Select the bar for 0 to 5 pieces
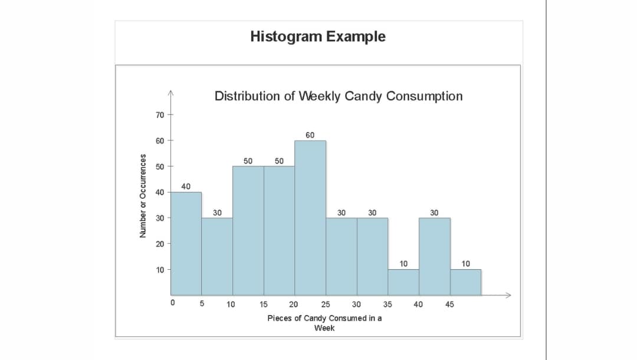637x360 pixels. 186,243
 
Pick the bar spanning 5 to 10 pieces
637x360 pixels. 217,256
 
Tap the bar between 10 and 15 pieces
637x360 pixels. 248,230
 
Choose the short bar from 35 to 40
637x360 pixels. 403,282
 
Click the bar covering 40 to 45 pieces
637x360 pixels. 435,256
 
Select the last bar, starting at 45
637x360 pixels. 465,282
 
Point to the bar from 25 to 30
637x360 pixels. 342,256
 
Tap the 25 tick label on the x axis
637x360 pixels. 325,305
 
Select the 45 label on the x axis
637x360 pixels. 449,305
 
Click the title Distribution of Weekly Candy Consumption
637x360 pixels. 339,96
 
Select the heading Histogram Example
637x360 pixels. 318,37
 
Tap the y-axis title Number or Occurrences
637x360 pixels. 142,195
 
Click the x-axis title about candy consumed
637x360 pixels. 324,323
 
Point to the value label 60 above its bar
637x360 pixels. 310,135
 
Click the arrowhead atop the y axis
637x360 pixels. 170,93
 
